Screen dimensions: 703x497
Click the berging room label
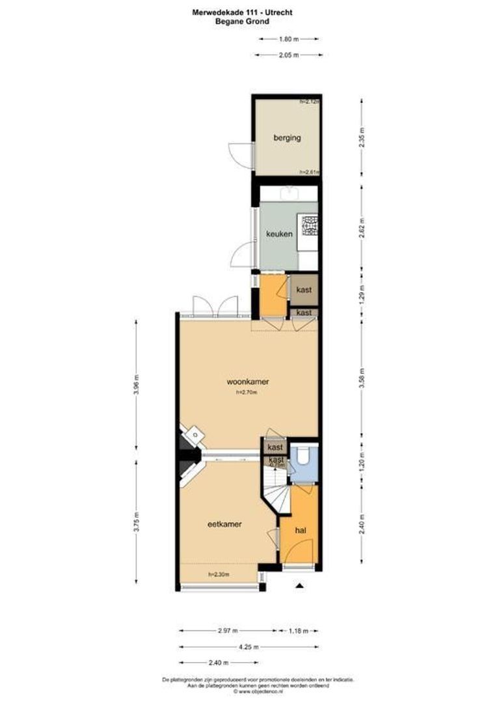286,138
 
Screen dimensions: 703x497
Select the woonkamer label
248,381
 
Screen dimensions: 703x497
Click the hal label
301,531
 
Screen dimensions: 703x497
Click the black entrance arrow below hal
300,586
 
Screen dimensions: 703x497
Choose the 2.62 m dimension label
362,224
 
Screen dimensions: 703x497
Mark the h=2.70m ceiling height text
247,393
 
